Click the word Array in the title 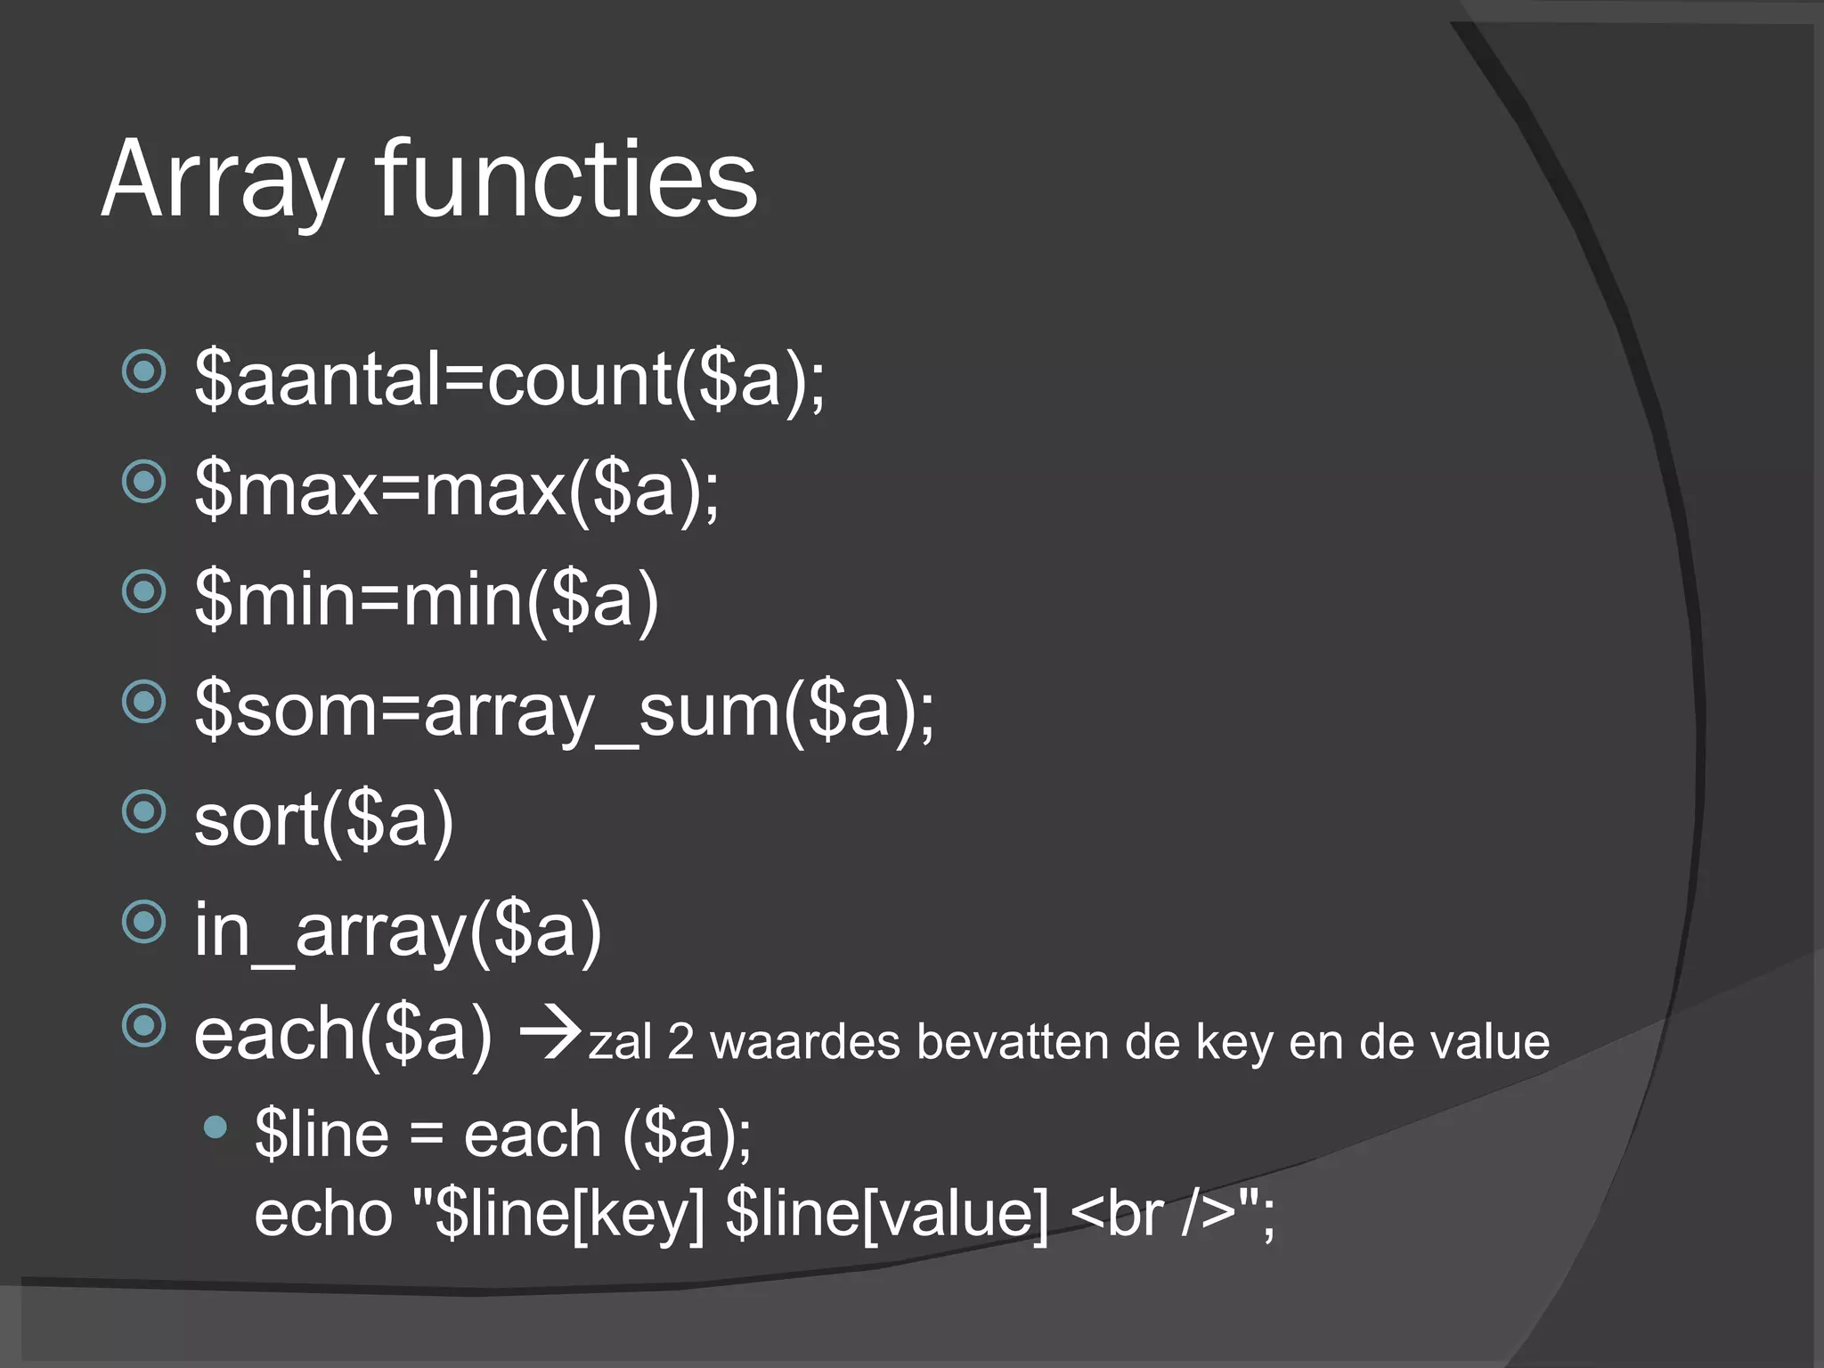[223, 182]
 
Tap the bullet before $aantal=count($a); [144, 371]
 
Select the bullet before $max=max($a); [144, 482]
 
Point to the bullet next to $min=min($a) [144, 591]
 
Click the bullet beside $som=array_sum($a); [144, 702]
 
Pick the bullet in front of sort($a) [144, 811]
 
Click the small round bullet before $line [215, 1128]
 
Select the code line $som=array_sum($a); [565, 711]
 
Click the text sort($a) [324, 821]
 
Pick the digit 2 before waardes [680, 1042]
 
